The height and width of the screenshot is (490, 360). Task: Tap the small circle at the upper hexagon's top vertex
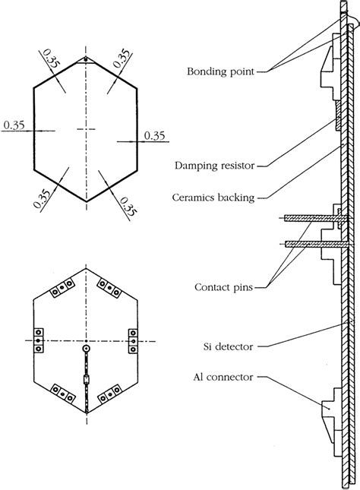pos(86,59)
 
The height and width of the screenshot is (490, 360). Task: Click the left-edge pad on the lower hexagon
pos(39,341)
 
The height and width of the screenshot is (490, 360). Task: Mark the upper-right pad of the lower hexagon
pos(112,292)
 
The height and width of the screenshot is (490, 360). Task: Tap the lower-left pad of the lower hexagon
pos(61,392)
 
